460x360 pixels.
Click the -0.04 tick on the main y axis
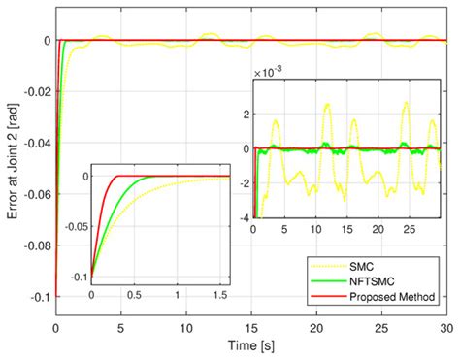pos(35,143)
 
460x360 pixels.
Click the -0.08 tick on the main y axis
pos(35,246)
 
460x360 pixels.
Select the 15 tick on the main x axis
pos(252,327)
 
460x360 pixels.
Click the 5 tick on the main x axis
pos(121,327)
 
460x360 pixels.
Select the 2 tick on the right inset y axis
pos(244,115)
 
